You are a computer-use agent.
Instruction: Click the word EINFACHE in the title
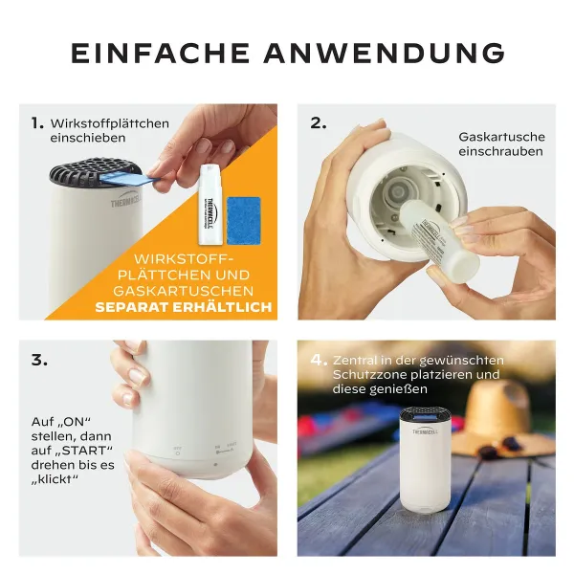tap(159, 53)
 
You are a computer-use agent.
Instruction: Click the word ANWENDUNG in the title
tap(385, 53)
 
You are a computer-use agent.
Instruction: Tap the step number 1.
tap(37, 123)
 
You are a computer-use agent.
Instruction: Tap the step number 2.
tap(319, 123)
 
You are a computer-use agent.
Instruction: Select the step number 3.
tap(39, 360)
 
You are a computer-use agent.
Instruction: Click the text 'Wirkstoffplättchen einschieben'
tap(109, 131)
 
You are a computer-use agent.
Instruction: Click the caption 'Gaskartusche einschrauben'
tap(500, 144)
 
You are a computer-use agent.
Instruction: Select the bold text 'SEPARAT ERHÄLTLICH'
tap(183, 307)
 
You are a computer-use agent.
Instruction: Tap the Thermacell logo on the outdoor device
tap(427, 430)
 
